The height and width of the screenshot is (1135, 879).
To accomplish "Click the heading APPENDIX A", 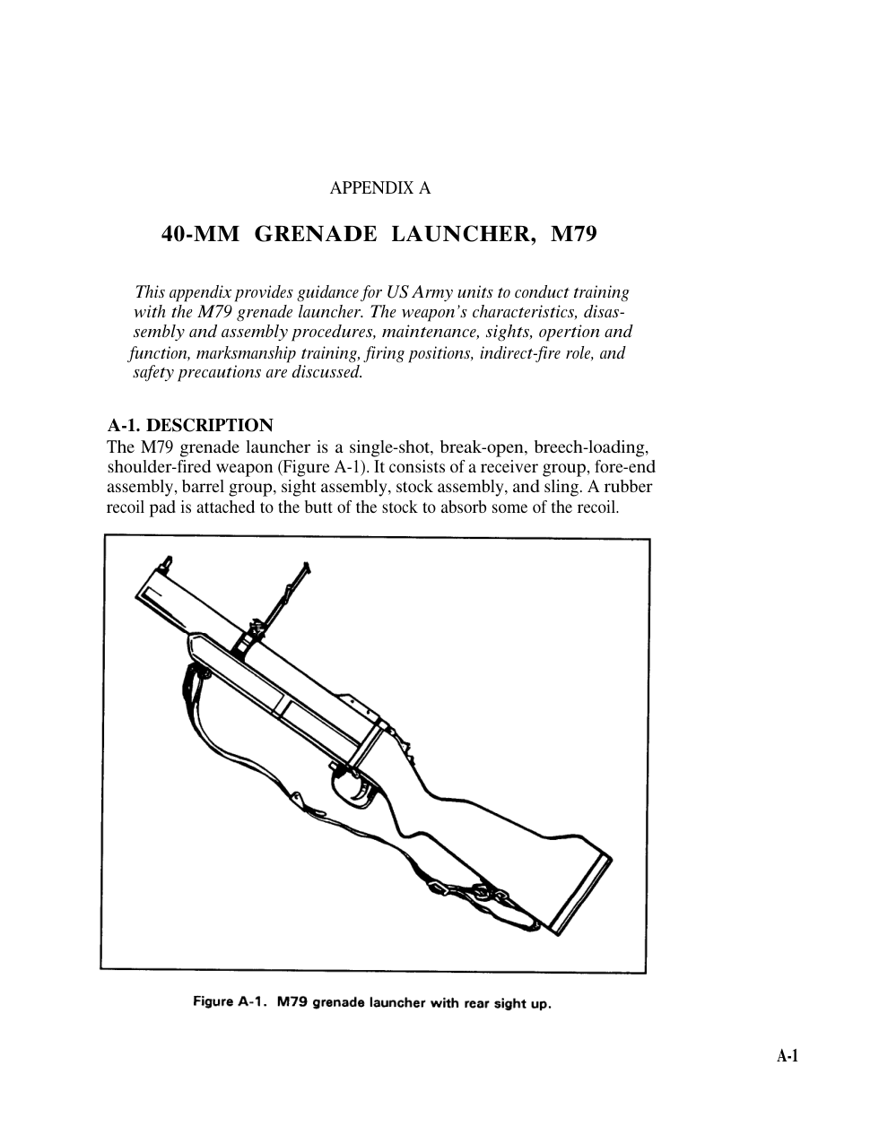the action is point(380,188).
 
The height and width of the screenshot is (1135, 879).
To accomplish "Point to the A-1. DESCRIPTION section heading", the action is point(190,425).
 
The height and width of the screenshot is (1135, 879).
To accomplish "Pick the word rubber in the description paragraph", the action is point(629,487).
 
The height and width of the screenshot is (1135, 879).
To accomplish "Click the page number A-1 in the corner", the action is point(787,1056).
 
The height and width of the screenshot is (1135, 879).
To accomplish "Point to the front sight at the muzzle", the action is point(167,562).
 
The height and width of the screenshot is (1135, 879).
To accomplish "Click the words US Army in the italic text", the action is point(420,292).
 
